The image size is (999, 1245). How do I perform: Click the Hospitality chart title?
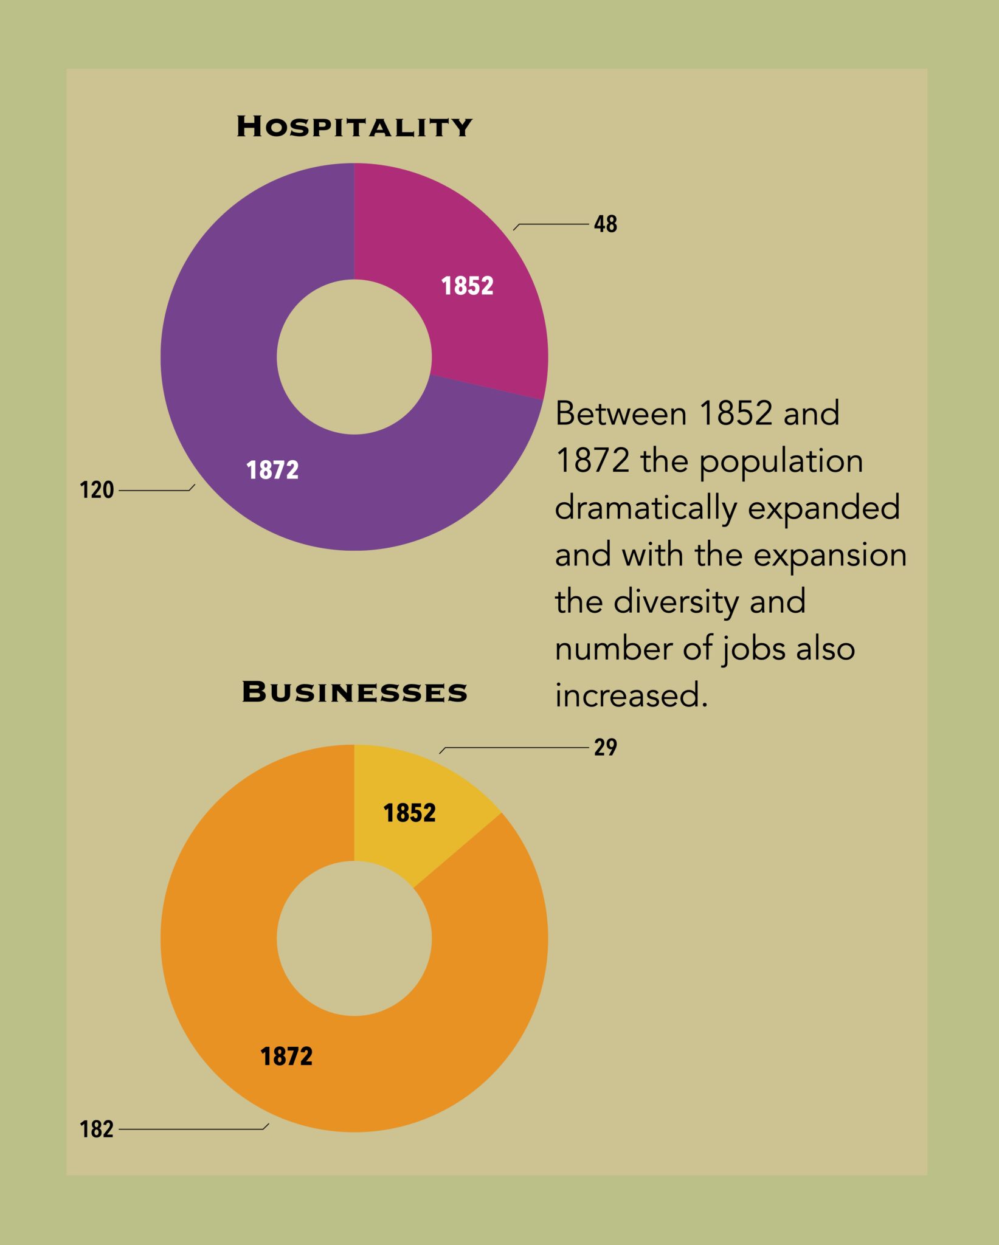click(x=354, y=126)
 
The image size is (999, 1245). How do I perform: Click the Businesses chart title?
click(x=354, y=692)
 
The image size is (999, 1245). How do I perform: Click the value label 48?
click(x=605, y=224)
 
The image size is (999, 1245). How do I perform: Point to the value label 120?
click(x=97, y=490)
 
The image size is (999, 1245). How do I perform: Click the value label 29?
click(x=605, y=747)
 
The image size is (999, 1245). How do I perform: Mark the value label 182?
click(x=97, y=1129)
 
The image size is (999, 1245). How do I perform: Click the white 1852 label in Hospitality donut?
click(x=467, y=286)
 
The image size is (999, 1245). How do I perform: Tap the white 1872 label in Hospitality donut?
click(x=272, y=471)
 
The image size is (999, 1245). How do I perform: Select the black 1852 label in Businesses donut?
click(x=409, y=813)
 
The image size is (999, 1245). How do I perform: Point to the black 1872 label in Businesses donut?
click(x=286, y=1057)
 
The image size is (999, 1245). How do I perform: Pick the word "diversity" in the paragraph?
click(x=676, y=602)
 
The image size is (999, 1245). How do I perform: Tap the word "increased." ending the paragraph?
click(x=631, y=695)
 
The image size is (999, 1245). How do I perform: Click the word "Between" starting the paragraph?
click(x=621, y=414)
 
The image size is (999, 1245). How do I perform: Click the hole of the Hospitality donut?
click(x=354, y=357)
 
